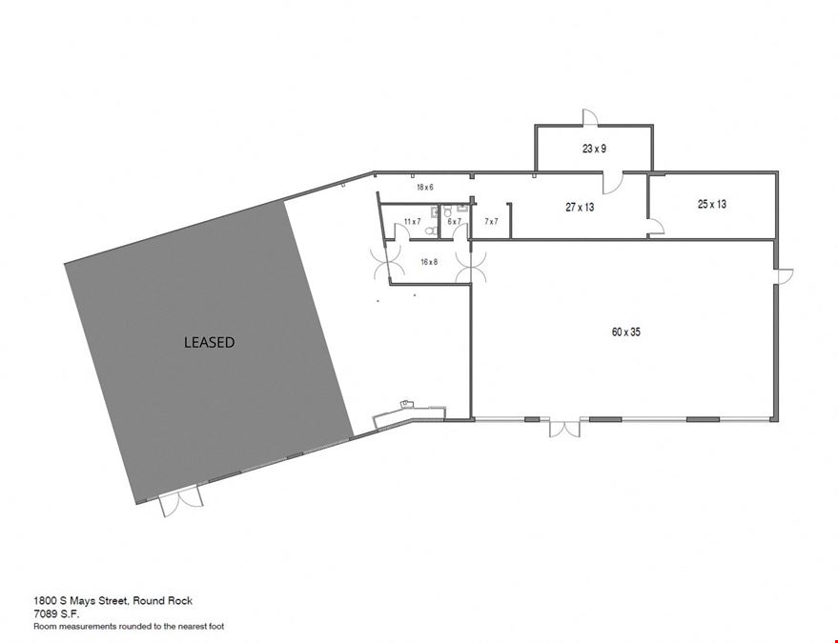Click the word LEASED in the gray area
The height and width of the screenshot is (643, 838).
coord(209,342)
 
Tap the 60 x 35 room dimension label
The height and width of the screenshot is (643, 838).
coord(625,332)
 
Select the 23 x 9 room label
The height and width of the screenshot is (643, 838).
coord(594,149)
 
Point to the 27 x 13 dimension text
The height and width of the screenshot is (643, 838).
coord(580,207)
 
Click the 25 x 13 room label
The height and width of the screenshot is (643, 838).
coord(712,204)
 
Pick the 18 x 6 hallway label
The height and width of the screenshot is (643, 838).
coord(425,188)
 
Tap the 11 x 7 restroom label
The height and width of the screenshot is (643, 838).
coord(412,221)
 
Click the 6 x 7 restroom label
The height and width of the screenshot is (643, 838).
coord(454,221)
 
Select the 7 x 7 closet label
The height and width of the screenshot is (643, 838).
coord(491,221)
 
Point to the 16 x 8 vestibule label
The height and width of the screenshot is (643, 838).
coord(429,262)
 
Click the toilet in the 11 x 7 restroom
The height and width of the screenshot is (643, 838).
coord(431,231)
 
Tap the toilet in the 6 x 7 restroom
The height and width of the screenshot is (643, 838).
coord(447,210)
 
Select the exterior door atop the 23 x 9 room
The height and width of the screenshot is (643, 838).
coord(589,117)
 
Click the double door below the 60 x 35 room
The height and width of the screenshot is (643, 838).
coord(564,429)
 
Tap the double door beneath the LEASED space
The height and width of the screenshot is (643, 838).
coord(181,503)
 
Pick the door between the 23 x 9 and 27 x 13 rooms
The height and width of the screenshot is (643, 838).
coord(613,183)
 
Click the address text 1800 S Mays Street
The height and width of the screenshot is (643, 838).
coord(81,601)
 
